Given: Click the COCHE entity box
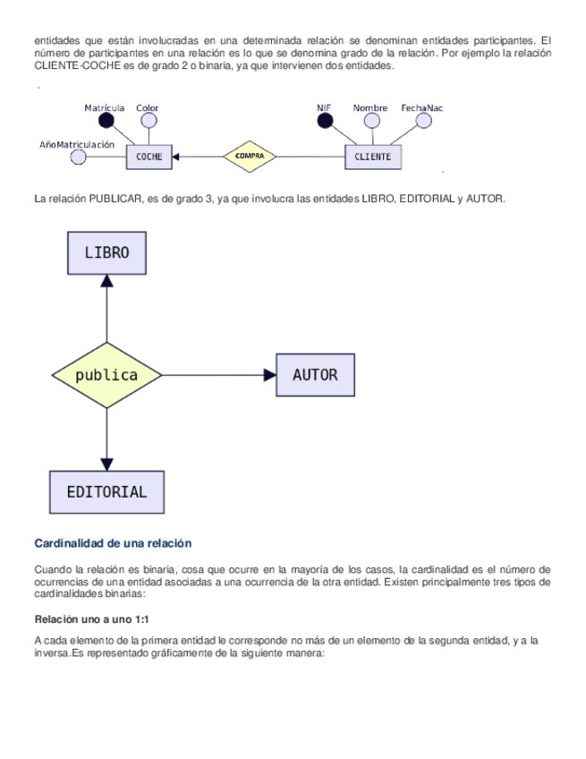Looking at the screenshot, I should tap(149, 157).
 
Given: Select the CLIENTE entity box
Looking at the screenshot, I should tap(373, 157).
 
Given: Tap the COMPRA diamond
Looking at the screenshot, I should tap(249, 157).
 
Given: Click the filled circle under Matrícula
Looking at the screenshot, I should tap(106, 121).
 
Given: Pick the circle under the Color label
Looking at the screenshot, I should tap(149, 121).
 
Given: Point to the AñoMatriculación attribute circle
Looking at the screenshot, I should tap(78, 158).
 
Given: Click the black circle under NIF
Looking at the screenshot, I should tap(324, 121).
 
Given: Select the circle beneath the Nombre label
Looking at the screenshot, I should tap(370, 121).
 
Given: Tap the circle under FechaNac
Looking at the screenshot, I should tap(421, 121).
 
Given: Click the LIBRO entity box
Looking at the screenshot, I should tap(106, 252).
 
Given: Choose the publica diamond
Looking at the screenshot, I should tap(106, 375).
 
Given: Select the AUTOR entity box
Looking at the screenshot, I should tap(315, 375).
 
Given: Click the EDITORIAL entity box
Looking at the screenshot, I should tap(106, 491).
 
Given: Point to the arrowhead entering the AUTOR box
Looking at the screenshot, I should tap(269, 375).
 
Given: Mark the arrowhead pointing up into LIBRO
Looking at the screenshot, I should tap(106, 281).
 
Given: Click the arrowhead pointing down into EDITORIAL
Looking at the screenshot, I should tap(106, 464).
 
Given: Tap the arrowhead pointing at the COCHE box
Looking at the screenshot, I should tap(176, 157).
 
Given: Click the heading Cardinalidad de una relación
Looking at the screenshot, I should tap(113, 543).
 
